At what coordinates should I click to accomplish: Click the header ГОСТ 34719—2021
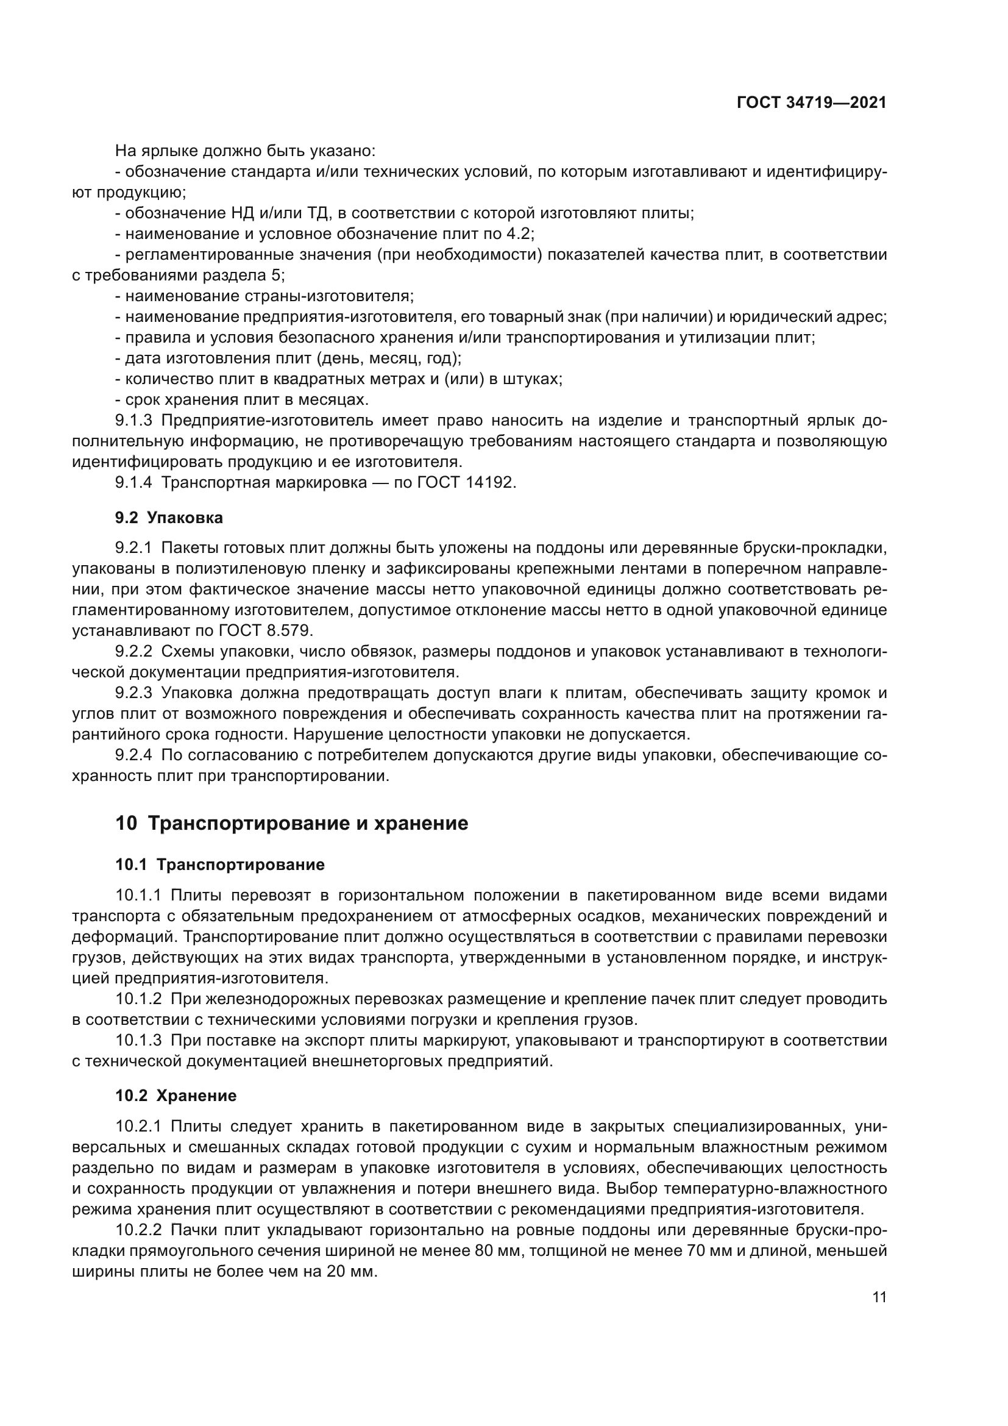tap(811, 103)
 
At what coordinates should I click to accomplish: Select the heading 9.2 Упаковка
tap(169, 518)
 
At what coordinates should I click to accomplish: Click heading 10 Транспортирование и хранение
tap(291, 824)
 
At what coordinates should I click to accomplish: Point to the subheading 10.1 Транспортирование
tap(220, 865)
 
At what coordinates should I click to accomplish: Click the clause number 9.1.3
tap(133, 421)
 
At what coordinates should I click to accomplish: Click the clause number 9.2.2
tap(133, 652)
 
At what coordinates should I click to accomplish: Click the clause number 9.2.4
tap(133, 755)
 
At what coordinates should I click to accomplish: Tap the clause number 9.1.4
tap(133, 483)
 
